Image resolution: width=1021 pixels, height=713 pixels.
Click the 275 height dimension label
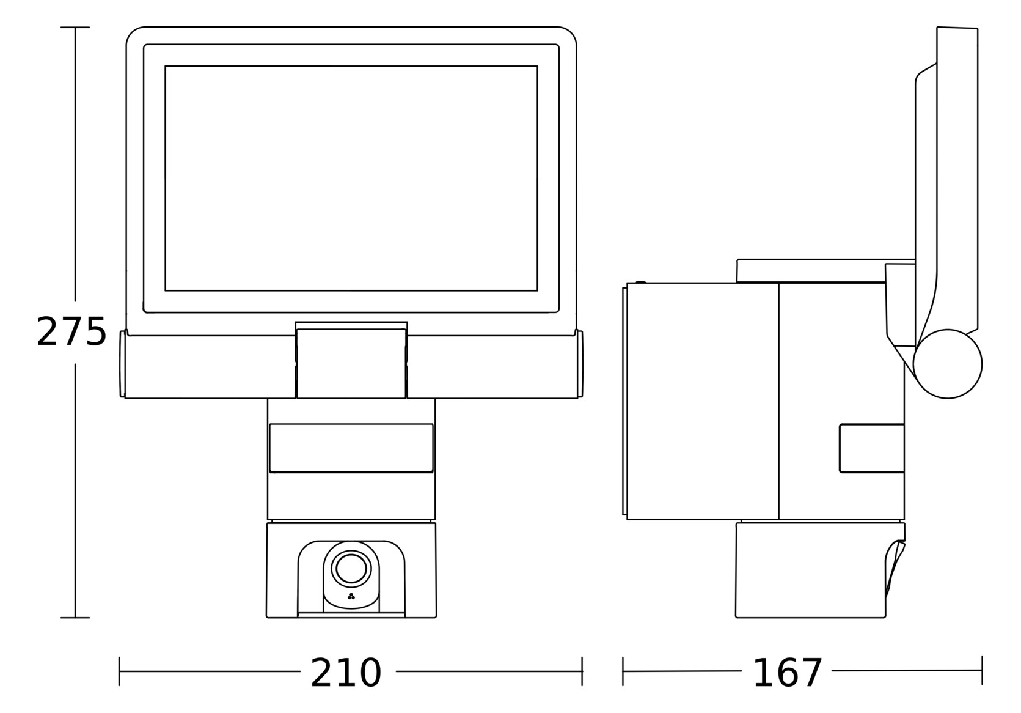pyautogui.click(x=71, y=332)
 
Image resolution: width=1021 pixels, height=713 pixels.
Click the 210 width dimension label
pyautogui.click(x=346, y=673)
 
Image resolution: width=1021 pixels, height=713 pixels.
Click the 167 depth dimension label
pyautogui.click(x=787, y=673)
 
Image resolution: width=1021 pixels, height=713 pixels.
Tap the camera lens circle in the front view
pyautogui.click(x=351, y=569)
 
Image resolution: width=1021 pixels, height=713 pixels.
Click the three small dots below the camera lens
pyautogui.click(x=351, y=596)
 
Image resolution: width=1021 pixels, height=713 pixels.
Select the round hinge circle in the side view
pyautogui.click(x=948, y=364)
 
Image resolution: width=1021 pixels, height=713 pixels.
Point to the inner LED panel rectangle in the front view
pyautogui.click(x=351, y=178)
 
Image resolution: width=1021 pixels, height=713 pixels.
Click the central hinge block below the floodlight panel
pyautogui.click(x=351, y=363)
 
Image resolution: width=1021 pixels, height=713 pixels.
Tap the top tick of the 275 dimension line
pyautogui.click(x=75, y=28)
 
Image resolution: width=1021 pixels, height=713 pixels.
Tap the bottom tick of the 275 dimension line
pyautogui.click(x=75, y=618)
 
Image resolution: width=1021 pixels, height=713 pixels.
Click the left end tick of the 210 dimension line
pyautogui.click(x=119, y=671)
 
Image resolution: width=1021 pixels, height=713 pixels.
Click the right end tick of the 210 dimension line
pyautogui.click(x=582, y=671)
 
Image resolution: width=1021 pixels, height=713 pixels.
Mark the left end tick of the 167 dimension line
pyautogui.click(x=623, y=671)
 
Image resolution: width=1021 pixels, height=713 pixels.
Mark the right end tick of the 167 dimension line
pyautogui.click(x=982, y=670)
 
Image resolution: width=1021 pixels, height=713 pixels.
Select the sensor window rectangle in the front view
pyautogui.click(x=351, y=448)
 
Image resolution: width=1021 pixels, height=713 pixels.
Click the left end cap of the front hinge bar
pyautogui.click(x=123, y=364)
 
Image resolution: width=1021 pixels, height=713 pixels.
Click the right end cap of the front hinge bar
pyautogui.click(x=580, y=364)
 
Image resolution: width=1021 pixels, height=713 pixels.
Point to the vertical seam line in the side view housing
pyautogui.click(x=779, y=401)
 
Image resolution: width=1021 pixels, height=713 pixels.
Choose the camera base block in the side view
pyautogui.click(x=810, y=570)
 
